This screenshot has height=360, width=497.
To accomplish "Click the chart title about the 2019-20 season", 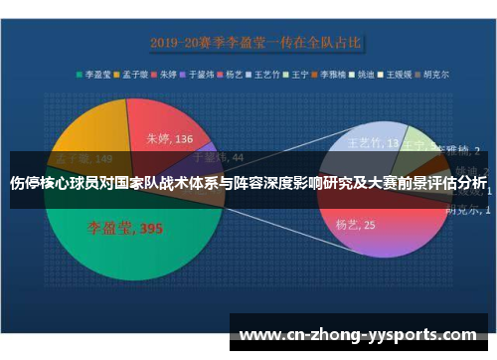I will tap(256, 43).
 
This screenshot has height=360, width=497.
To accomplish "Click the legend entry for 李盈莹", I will tap(96, 73).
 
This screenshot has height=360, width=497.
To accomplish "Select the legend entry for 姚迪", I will tap(365, 73).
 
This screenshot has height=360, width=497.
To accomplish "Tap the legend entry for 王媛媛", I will tap(398, 73).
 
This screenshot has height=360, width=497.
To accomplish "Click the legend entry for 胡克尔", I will tap(433, 73).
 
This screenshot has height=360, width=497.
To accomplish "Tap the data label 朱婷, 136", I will tap(170, 139).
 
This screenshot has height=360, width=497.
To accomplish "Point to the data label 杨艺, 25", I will tap(355, 226).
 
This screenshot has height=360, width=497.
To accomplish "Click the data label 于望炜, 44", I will tap(217, 156).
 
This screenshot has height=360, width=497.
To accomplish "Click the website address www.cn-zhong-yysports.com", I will tap(359, 335).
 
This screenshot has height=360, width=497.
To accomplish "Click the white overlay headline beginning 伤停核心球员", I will tap(248, 185).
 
